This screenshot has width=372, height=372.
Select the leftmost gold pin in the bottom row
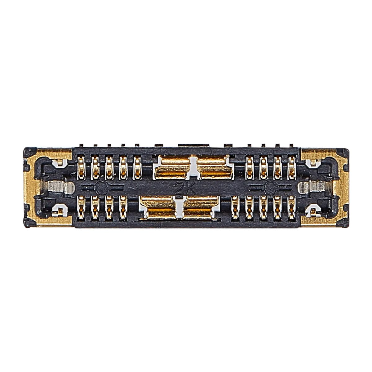[81, 207]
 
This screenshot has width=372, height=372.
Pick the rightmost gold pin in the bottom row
[292, 207]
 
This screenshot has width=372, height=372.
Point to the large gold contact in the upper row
[194, 168]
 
